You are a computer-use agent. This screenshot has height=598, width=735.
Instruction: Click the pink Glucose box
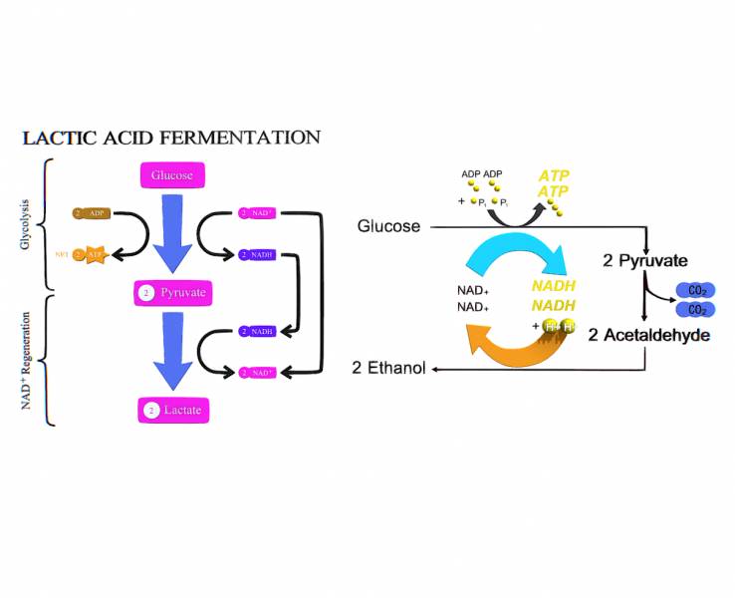click(172, 175)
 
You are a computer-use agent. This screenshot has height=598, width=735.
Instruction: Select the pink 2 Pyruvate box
click(172, 293)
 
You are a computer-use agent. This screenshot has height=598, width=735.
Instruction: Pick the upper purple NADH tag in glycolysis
click(258, 255)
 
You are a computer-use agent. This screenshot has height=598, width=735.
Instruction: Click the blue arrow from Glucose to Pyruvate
click(172, 235)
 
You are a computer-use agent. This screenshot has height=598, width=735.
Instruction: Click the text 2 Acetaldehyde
click(648, 335)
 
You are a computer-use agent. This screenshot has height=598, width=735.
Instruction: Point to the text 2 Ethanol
click(388, 369)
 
